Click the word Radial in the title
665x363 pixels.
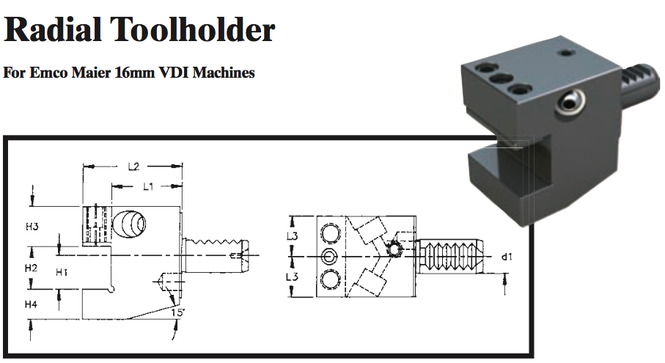tap(51, 30)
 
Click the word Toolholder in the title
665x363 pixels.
tap(192, 30)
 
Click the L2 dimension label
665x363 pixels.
tap(133, 167)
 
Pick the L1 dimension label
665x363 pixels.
tap(147, 187)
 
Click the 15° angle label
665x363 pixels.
tap(177, 313)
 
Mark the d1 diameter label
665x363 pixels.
tap(506, 257)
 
